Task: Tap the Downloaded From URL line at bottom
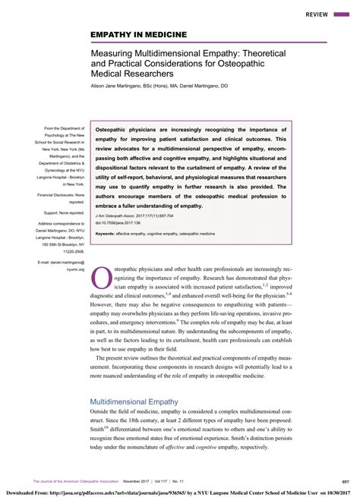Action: pos(180,491)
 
